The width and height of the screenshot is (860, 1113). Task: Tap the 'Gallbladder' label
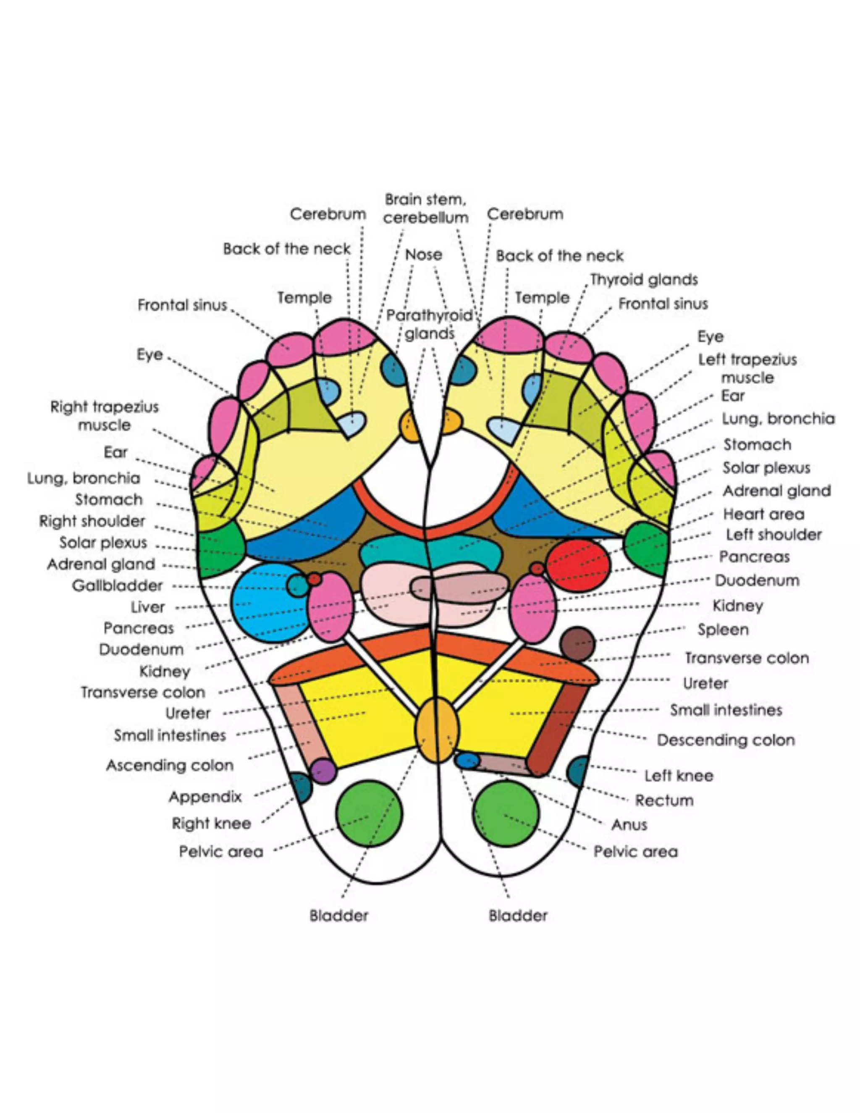[117, 585]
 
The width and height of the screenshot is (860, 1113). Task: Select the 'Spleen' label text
[722, 630]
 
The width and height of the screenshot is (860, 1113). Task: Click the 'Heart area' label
[763, 514]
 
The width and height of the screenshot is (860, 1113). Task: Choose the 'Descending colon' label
[726, 740]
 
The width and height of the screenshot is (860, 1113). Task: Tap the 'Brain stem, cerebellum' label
[426, 208]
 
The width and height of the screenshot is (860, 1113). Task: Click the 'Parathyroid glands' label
[430, 325]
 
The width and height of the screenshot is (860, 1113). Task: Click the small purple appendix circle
[323, 771]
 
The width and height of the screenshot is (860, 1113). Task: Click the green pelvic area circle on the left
[369, 814]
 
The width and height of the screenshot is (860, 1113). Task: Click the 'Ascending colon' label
[170, 765]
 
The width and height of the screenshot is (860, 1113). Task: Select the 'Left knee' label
[679, 776]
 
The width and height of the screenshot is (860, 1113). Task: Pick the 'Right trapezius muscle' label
[105, 416]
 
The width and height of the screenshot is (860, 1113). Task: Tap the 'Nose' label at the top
[423, 255]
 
